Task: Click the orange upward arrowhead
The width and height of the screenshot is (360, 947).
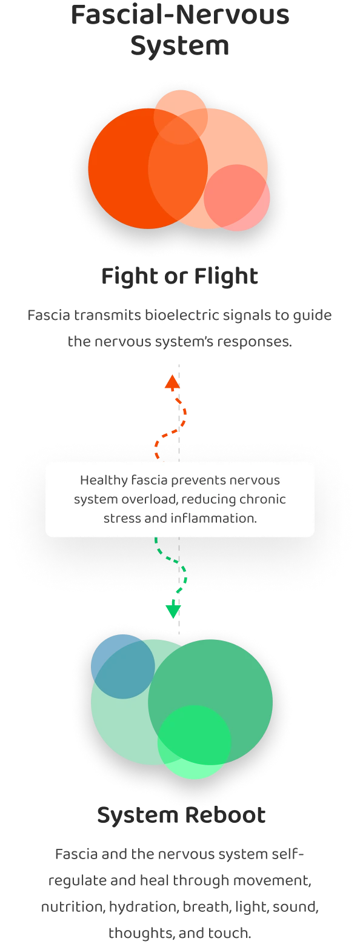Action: coord(172,381)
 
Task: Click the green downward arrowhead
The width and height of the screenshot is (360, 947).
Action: coord(173,611)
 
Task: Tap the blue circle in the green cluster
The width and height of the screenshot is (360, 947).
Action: coord(122,666)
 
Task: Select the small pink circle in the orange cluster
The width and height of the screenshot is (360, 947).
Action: coord(236,198)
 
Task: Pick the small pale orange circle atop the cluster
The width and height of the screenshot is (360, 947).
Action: coord(181,117)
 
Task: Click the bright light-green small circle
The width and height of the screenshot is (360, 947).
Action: coord(194,742)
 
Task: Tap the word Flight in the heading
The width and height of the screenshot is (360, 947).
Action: coord(226,276)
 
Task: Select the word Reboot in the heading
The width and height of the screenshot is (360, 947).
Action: coord(225,815)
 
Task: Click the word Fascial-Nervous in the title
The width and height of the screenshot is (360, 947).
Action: coord(180,15)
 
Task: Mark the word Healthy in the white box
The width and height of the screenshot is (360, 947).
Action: coord(104,480)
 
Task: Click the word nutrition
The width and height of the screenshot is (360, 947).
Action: coord(73,907)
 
